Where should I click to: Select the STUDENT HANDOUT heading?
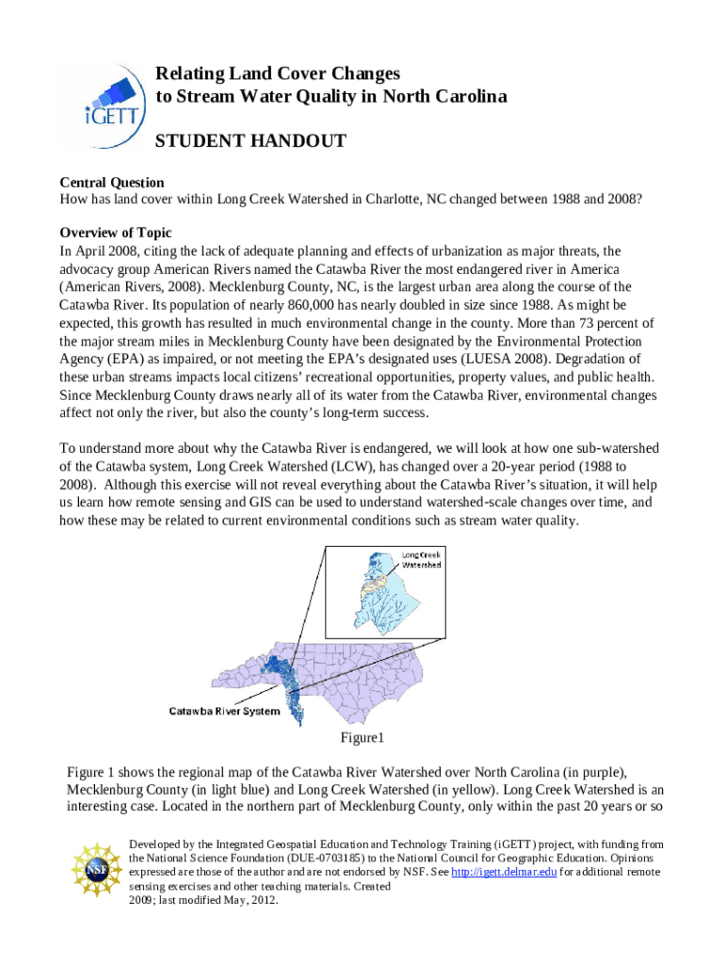pyautogui.click(x=250, y=141)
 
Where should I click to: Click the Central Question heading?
pyautogui.click(x=112, y=183)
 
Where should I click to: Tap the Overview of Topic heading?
pyautogui.click(x=116, y=233)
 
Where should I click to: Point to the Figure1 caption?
pyautogui.click(x=362, y=736)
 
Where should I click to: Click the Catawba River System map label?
pyautogui.click(x=224, y=711)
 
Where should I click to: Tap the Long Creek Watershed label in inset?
pyautogui.click(x=422, y=560)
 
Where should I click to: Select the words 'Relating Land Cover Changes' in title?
pyautogui.click(x=278, y=73)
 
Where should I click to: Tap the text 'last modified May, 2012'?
pyautogui.click(x=204, y=899)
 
